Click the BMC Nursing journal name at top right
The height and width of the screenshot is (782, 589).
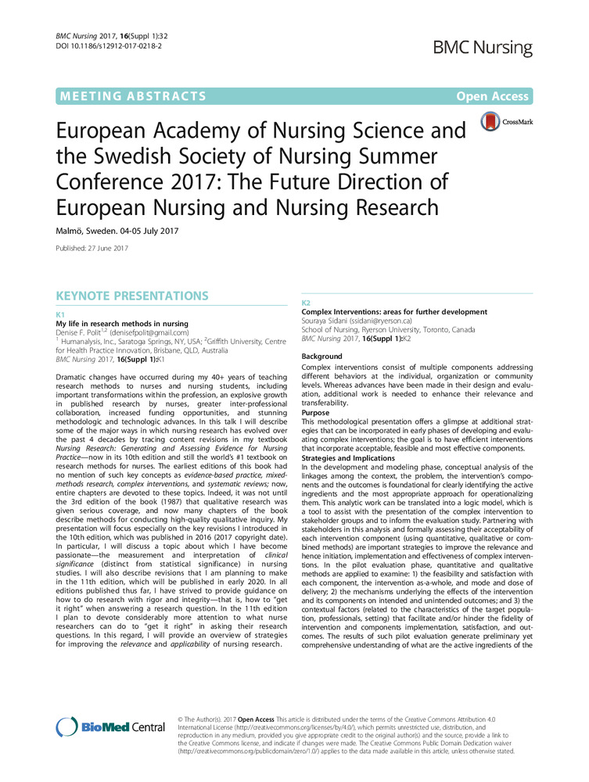click(484, 48)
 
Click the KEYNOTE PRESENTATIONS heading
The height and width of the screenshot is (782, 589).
click(131, 296)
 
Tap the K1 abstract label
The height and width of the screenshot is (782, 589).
click(61, 314)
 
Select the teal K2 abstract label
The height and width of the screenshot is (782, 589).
click(307, 302)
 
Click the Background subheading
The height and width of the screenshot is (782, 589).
click(322, 357)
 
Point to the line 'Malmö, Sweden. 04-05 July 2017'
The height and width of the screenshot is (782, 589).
click(117, 230)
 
